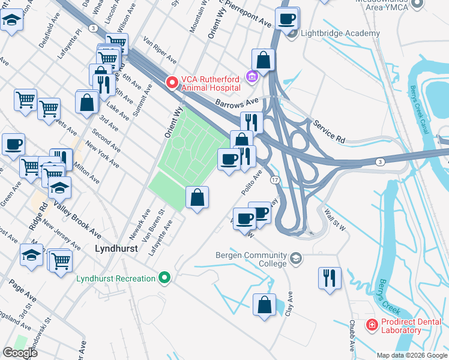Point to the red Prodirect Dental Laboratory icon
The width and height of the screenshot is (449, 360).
pos(372,325)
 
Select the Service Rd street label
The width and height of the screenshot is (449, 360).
pos(329,131)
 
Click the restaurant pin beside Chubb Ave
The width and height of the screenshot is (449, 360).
pos(329,278)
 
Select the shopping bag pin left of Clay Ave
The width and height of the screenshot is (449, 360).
pos(264,304)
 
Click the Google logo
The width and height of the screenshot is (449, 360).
pos(20,352)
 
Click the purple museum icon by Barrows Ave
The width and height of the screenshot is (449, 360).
pos(252,76)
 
